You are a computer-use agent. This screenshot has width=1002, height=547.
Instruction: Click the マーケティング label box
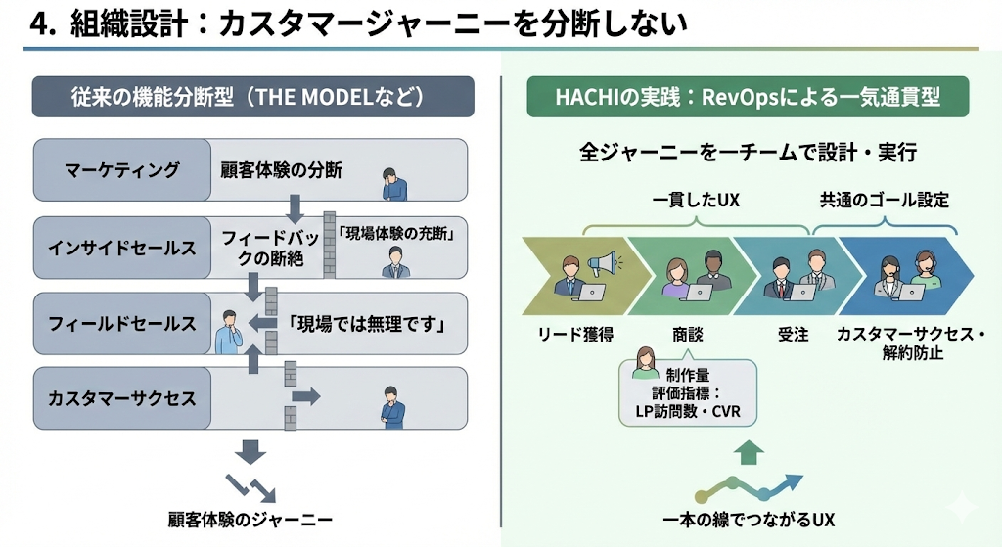click(122, 170)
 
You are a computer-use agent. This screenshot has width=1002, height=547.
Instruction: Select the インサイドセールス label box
click(122, 247)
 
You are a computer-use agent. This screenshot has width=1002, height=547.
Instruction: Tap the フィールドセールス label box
click(122, 323)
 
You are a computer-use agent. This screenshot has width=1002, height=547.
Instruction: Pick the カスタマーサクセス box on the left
click(122, 399)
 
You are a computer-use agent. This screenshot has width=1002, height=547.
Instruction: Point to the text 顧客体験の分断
click(281, 170)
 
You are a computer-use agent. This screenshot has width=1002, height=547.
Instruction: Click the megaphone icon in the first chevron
click(603, 262)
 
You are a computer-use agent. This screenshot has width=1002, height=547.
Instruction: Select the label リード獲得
click(574, 335)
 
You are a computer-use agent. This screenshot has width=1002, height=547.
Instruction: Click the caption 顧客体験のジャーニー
click(250, 519)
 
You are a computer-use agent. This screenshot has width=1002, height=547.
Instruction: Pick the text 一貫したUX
click(696, 201)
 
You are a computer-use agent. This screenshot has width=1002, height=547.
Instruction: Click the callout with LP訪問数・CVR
click(689, 391)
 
